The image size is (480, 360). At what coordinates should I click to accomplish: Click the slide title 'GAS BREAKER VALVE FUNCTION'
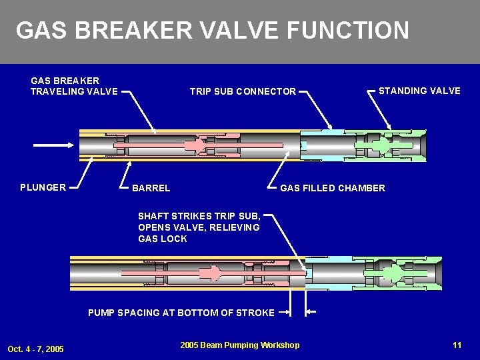point(212,31)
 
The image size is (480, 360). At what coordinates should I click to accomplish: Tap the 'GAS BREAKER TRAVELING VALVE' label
point(74,86)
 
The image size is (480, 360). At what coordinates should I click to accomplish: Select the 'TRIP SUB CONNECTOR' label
point(243,91)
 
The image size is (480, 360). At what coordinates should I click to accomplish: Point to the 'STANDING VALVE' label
point(419,91)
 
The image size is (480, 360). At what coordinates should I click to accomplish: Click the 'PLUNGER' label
point(43,187)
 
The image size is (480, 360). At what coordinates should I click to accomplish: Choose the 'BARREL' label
point(151,188)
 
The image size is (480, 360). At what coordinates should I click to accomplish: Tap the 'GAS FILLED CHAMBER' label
point(333,188)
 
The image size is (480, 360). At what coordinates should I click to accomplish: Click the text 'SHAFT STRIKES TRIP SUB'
point(199,215)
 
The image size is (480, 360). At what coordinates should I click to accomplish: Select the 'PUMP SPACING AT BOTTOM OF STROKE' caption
point(181,313)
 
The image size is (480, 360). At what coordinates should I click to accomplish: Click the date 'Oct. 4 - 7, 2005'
point(36,349)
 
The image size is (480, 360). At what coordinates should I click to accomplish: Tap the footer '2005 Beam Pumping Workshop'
point(240,345)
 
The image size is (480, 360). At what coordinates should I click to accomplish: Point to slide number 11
point(457,345)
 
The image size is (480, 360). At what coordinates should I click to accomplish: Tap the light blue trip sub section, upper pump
point(320,145)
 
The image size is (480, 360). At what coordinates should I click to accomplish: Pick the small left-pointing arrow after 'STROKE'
point(311,312)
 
